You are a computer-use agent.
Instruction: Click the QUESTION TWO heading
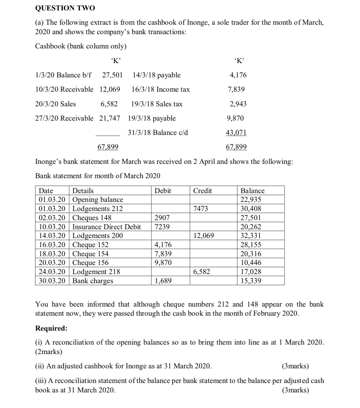click(65, 8)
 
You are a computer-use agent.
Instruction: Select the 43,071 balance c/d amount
click(236, 133)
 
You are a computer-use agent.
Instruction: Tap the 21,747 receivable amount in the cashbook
click(109, 118)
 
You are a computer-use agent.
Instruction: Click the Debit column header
click(163, 191)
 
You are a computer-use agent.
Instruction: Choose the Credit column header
click(202, 191)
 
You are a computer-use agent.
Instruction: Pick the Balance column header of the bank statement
click(252, 191)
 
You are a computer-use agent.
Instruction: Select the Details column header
click(83, 191)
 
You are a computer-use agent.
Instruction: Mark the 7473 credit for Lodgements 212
click(200, 209)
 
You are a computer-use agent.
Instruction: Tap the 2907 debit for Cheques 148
click(162, 218)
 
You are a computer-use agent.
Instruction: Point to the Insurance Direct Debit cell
click(107, 227)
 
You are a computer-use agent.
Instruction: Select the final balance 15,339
click(251, 281)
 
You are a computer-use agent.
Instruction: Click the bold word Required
click(51, 328)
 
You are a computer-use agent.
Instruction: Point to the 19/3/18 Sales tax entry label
click(157, 104)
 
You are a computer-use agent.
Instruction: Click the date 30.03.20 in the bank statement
click(52, 281)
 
